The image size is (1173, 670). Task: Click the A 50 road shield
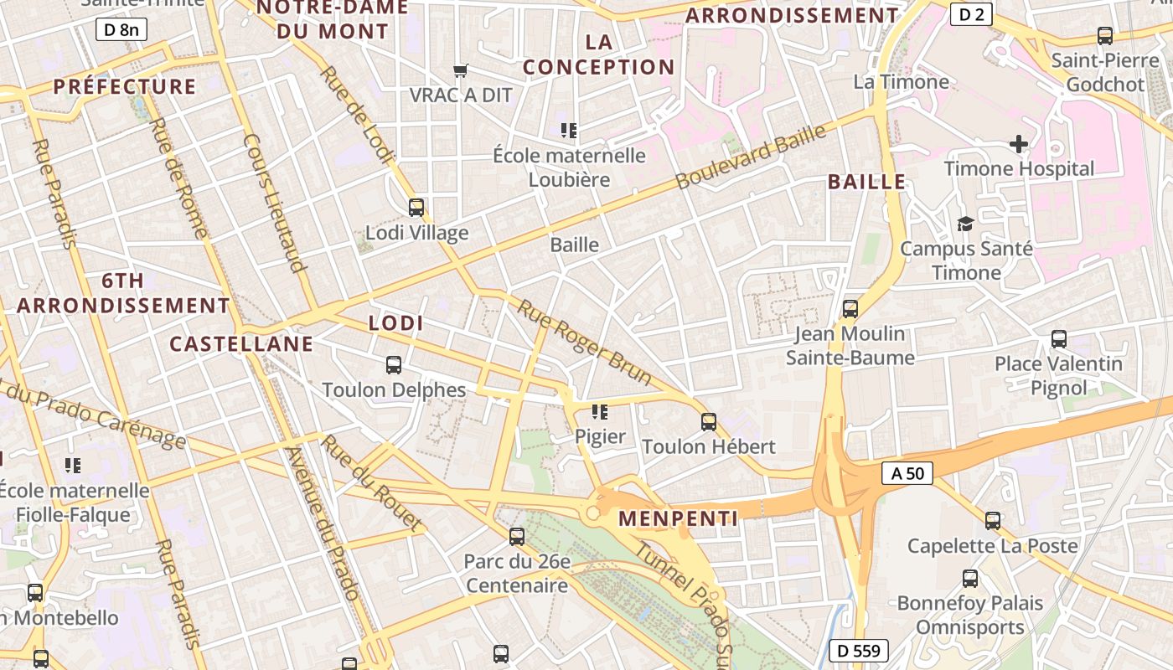[907, 473]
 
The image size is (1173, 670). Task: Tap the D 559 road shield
[859, 650]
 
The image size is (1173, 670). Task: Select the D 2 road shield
[971, 13]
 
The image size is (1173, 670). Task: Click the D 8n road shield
[121, 30]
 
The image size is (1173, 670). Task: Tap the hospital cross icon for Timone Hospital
[1019, 144]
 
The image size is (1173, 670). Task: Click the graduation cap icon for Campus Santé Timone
[965, 224]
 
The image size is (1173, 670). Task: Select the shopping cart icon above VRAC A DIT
[460, 70]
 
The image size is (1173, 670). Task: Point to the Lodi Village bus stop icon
[416, 207]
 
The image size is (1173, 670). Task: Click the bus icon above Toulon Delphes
[394, 364]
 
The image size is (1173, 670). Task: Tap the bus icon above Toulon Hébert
[709, 421]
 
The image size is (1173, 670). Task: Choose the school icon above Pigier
[599, 411]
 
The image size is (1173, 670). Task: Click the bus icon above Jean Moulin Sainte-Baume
[850, 308]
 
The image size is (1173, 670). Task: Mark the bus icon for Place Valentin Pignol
[1059, 339]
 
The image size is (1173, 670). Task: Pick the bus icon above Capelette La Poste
[993, 520]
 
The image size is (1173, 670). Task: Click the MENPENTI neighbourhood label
[679, 518]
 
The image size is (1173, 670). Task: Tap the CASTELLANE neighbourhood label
[241, 343]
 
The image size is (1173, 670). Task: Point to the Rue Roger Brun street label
[584, 342]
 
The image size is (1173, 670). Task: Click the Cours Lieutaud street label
[272, 203]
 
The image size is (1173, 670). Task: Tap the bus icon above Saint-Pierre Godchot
[1105, 36]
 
